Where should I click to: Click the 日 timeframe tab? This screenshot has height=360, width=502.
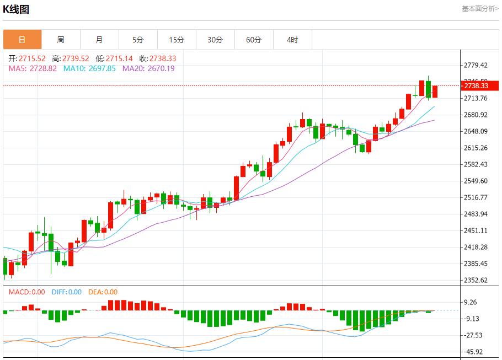tap(22, 40)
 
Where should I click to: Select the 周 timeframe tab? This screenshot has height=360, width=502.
tap(61, 40)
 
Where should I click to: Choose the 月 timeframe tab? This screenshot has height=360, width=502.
tap(99, 40)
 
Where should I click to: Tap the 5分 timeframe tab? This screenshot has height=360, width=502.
tap(138, 40)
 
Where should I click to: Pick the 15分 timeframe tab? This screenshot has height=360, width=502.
tap(177, 40)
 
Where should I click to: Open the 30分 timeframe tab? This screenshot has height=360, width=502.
tap(215, 40)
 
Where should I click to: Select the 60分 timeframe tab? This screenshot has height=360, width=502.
tap(254, 40)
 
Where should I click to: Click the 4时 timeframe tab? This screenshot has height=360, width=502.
tap(292, 40)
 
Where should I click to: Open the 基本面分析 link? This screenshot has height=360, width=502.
tap(480, 9)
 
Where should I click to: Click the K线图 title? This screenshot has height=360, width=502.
tap(16, 9)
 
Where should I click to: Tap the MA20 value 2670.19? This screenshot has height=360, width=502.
tap(148, 68)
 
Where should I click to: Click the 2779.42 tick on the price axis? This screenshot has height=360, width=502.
tap(476, 65)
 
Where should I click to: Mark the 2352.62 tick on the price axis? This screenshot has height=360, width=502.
tap(476, 280)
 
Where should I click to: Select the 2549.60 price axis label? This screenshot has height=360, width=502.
tap(476, 181)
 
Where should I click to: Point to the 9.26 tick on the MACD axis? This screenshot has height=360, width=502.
tap(471, 302)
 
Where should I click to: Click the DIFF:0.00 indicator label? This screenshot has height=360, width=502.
tap(67, 292)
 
